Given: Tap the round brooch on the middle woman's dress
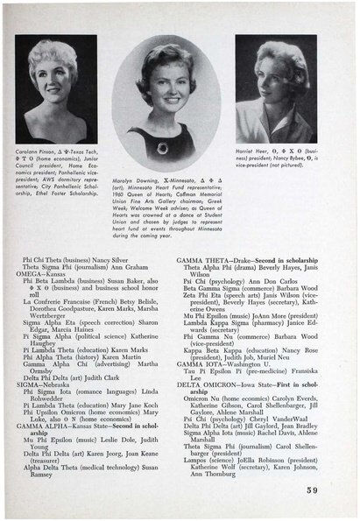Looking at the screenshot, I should pos(163,148).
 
